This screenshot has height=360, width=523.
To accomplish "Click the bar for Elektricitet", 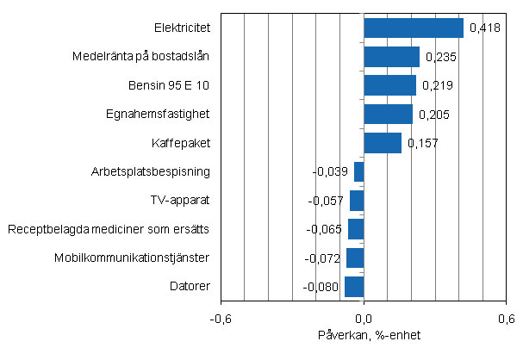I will pos(414,28).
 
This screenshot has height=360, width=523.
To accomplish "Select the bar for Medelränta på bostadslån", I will pos(391,57).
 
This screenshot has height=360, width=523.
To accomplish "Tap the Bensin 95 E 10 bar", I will pos(389,85).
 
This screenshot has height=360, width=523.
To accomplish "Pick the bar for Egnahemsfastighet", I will pos(388,114).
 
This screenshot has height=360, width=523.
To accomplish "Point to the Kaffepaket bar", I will pos(383,143).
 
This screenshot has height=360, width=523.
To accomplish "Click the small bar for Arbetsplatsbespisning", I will pos(359,171).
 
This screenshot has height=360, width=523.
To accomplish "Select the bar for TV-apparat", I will pos(357,200).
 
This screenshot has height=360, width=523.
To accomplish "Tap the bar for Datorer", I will pos(354,286).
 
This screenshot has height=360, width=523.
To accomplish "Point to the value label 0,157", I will pos(422,143).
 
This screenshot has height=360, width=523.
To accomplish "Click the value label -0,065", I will pos(326,229).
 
